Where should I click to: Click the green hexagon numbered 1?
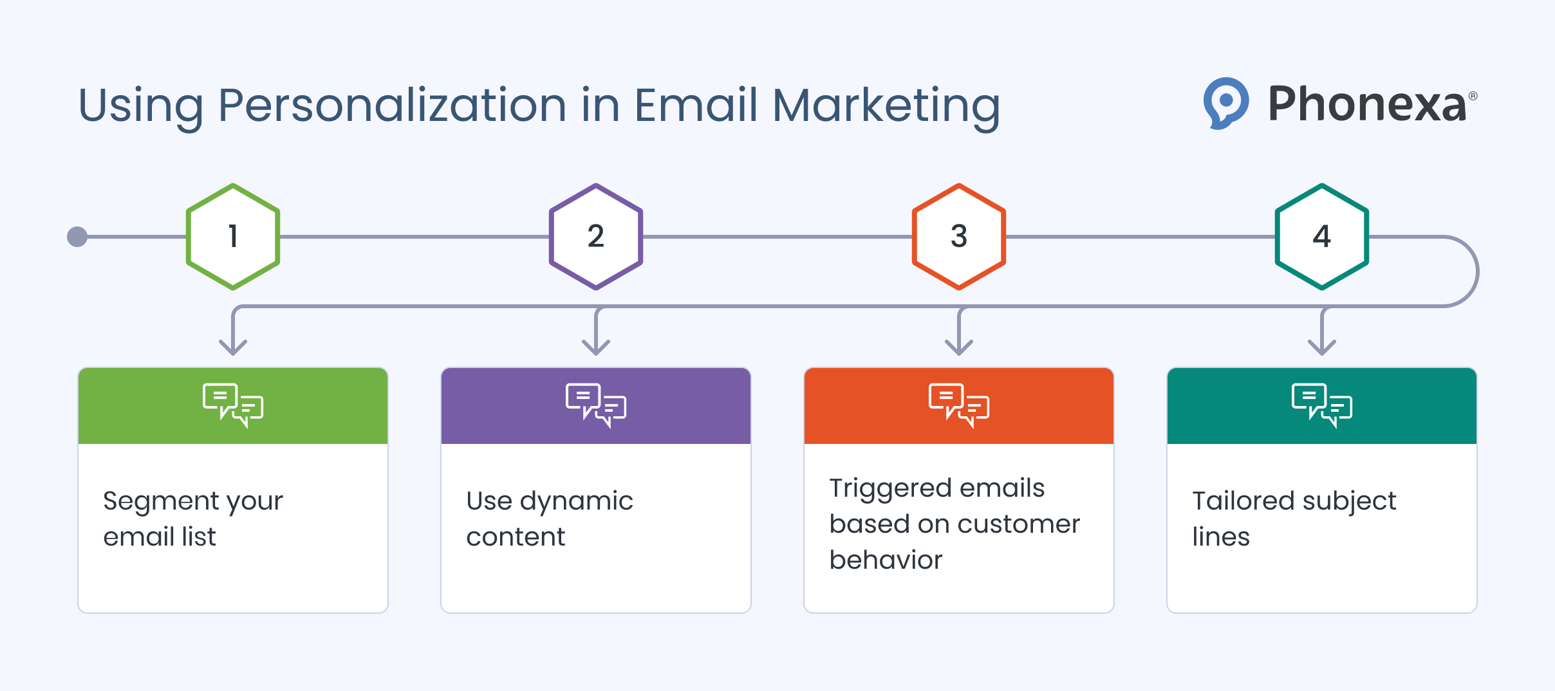pyautogui.click(x=233, y=237)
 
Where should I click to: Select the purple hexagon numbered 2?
pyautogui.click(x=596, y=237)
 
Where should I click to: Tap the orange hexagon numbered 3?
pyautogui.click(x=959, y=237)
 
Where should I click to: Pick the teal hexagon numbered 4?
pyautogui.click(x=1322, y=237)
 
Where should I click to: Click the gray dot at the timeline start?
pyautogui.click(x=77, y=237)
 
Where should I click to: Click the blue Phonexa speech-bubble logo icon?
pyautogui.click(x=1225, y=103)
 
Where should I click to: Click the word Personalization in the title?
pyautogui.click(x=392, y=106)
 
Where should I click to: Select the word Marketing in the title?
pyautogui.click(x=886, y=106)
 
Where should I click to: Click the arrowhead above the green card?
pyautogui.click(x=233, y=347)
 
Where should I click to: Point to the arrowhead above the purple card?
pyautogui.click(x=596, y=347)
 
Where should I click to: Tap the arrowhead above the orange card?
pyautogui.click(x=959, y=347)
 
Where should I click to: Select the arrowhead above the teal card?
pyautogui.click(x=1322, y=347)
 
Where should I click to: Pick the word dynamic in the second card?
pyautogui.click(x=577, y=502)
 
